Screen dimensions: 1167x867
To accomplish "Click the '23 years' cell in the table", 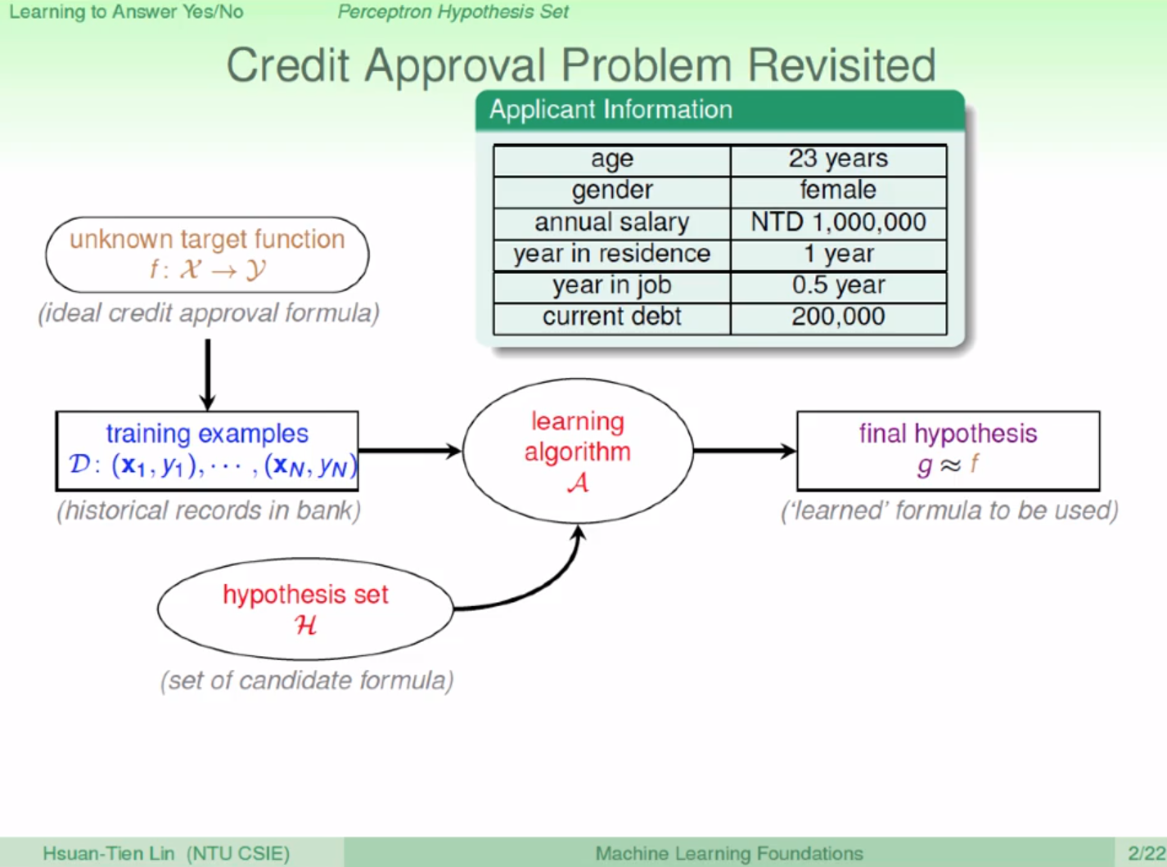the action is pyautogui.click(x=838, y=160).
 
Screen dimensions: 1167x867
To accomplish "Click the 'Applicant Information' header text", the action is pyautogui.click(x=611, y=110).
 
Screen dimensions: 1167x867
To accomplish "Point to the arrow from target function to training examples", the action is pyautogui.click(x=208, y=375).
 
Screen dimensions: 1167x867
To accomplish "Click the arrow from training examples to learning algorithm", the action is pyautogui.click(x=410, y=451).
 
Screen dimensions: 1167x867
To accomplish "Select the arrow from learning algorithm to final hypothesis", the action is pyautogui.click(x=745, y=451).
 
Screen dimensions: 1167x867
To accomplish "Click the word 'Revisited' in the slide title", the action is pyautogui.click(x=841, y=65).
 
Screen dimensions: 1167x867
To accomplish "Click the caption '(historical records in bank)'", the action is pyautogui.click(x=209, y=510).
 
